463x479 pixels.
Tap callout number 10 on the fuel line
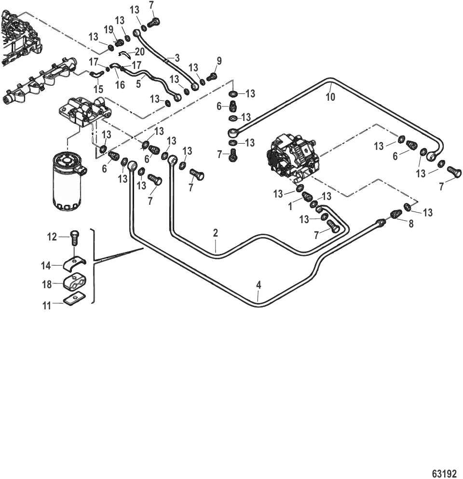coord(330,97)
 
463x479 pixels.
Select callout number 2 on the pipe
coord(216,233)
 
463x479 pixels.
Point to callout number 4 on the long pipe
coord(259,285)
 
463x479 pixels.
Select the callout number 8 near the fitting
coord(411,224)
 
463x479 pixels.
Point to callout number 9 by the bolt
coord(219,61)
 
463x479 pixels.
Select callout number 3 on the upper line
coord(177,58)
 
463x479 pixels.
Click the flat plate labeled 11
coord(74,301)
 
